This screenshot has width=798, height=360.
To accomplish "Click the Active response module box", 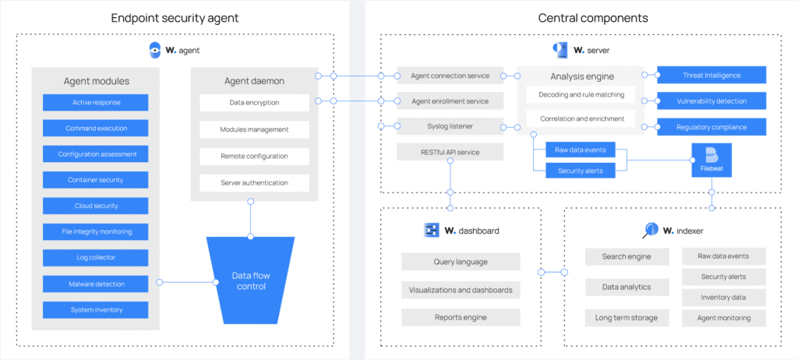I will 96,102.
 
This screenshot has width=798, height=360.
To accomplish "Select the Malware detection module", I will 96,284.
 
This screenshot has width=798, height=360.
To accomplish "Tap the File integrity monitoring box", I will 96,231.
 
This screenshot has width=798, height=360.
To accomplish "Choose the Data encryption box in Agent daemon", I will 254,102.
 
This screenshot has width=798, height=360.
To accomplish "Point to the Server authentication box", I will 254,182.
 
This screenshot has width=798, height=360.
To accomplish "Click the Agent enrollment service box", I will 450,101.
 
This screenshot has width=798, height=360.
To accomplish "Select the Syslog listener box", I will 450,126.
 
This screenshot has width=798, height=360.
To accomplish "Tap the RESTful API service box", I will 450,152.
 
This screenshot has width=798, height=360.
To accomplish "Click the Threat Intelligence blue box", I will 711,76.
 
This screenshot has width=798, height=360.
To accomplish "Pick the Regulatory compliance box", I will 711,127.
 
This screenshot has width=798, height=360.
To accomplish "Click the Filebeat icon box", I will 711,160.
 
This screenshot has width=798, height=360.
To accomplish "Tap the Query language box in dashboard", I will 461,262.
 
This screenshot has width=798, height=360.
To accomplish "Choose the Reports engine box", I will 461,317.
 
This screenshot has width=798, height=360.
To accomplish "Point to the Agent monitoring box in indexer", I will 724,318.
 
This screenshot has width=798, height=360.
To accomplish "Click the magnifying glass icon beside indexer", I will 650,230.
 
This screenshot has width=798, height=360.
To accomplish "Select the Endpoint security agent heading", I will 175,17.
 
